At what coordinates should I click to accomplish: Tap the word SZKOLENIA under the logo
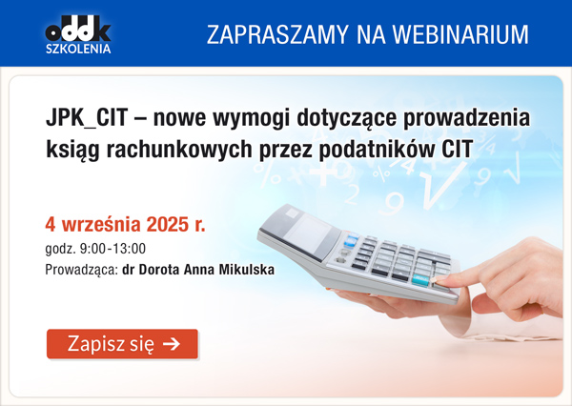[x=78, y=49]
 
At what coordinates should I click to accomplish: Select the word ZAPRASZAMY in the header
[x=277, y=35]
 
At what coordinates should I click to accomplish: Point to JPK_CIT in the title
[x=87, y=118]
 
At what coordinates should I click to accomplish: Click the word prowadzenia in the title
[x=466, y=119]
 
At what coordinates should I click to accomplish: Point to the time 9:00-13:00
[x=112, y=249]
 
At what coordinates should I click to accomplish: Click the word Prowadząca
[x=82, y=271]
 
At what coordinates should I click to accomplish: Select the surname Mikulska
[x=247, y=270]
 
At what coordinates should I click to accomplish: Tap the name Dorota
[x=159, y=270]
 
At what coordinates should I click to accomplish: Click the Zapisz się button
[x=122, y=344]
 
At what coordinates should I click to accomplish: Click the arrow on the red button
[x=171, y=344]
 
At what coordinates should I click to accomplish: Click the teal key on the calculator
[x=421, y=280]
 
